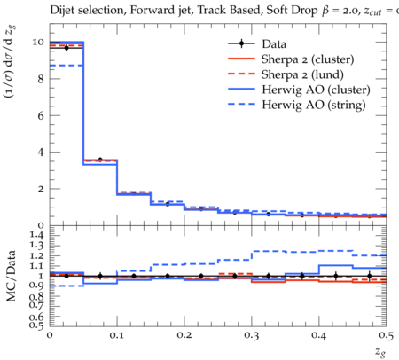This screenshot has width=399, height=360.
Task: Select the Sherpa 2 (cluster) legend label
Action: [x=308, y=59]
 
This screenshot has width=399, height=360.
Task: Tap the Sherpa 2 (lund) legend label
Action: [x=302, y=74]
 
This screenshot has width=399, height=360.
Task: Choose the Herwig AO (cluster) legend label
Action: [x=316, y=90]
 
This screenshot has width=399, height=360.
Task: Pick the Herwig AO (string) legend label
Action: [x=314, y=105]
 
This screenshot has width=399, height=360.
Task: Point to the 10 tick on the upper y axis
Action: [x=38, y=42]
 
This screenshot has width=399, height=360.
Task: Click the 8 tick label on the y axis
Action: [x=41, y=79]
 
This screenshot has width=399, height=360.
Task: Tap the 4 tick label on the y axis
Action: [x=41, y=153]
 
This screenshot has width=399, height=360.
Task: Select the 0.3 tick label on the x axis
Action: [x=252, y=335]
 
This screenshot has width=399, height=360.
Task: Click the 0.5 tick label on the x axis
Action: [x=386, y=335]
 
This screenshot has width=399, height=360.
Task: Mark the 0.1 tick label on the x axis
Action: [x=117, y=335]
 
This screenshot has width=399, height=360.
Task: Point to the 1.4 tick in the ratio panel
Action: [x=36, y=235]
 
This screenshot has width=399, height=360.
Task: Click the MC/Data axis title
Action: [x=11, y=276]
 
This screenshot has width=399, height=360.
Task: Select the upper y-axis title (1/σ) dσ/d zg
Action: [x=11, y=61]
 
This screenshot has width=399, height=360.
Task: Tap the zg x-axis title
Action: [x=380, y=351]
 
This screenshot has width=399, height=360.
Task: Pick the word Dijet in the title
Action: [x=60, y=10]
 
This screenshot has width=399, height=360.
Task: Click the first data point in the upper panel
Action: [x=66, y=48]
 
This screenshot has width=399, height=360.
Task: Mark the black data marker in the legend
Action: [x=241, y=43]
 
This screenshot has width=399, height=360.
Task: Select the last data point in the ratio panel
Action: [x=369, y=276]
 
